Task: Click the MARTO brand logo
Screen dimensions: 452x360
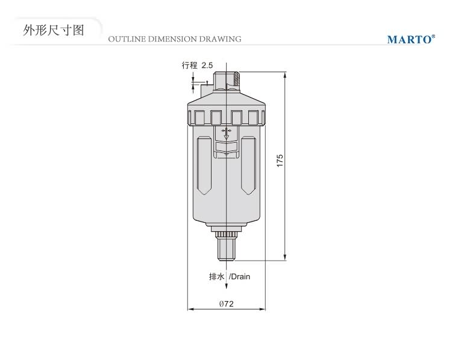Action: (411, 39)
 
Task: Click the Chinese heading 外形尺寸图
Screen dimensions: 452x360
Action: (54, 30)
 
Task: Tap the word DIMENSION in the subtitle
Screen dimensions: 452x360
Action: (172, 39)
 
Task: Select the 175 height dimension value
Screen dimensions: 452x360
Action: (280, 160)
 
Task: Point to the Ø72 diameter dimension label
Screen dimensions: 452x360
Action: (226, 303)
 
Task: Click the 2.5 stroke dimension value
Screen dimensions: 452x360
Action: (207, 66)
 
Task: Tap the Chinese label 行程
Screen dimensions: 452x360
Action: (190, 66)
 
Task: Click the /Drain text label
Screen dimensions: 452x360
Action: (239, 277)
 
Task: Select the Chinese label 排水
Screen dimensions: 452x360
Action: (216, 277)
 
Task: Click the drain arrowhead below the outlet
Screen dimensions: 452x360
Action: (227, 286)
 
